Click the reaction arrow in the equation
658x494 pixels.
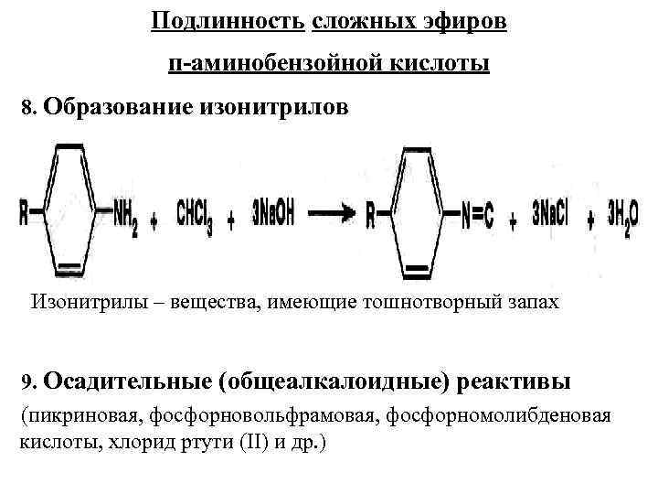click(335, 216)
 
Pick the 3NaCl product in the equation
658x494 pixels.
click(549, 216)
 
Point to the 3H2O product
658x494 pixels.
click(624, 216)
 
